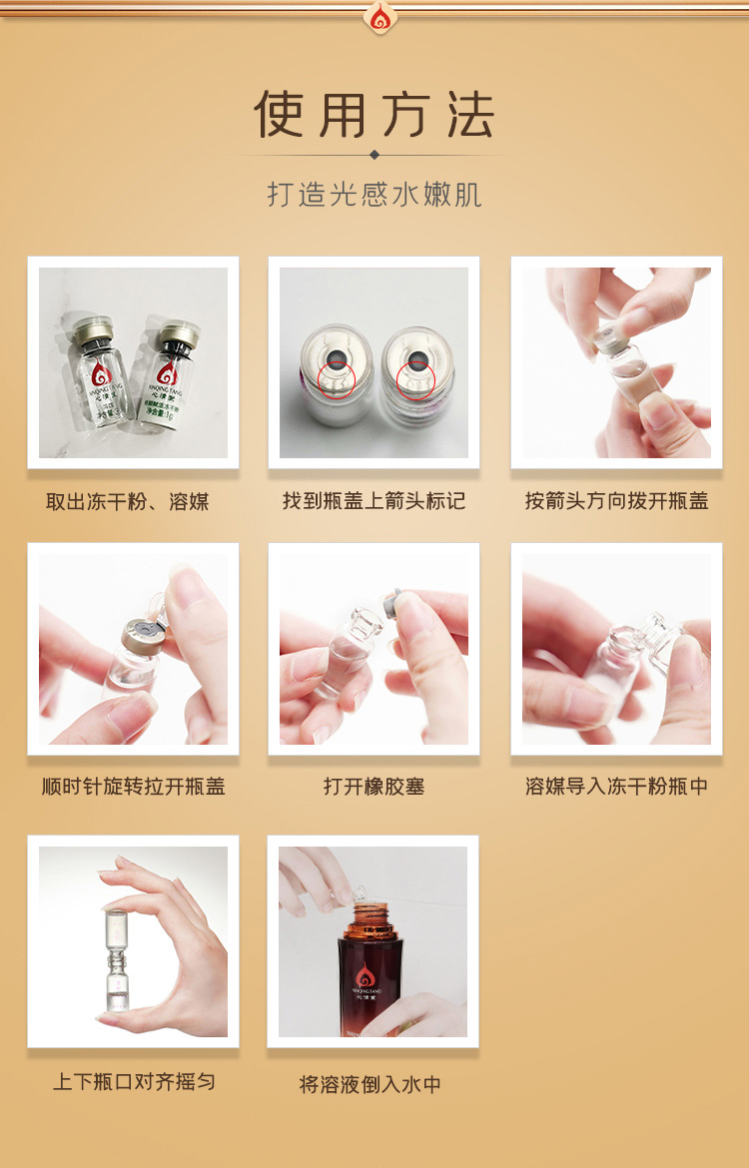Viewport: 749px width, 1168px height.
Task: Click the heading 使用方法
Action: (x=374, y=114)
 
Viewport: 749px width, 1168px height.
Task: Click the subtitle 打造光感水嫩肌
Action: (x=374, y=194)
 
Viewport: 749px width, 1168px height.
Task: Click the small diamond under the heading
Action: (x=374, y=155)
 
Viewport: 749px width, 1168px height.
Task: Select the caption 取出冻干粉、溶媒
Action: (x=128, y=501)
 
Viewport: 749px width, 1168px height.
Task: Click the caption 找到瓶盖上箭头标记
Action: (x=374, y=501)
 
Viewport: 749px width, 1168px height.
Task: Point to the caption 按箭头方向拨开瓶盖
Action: (x=616, y=501)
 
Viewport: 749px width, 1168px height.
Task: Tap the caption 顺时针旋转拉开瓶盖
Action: (x=134, y=787)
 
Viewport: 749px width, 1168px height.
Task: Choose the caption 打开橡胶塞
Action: (x=374, y=787)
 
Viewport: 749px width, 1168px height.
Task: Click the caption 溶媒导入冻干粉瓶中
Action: (x=616, y=787)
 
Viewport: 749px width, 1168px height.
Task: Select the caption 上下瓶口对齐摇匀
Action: (x=134, y=1082)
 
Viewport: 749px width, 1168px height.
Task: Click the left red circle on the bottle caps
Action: (x=337, y=379)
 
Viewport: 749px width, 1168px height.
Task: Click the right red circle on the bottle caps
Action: (x=415, y=379)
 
